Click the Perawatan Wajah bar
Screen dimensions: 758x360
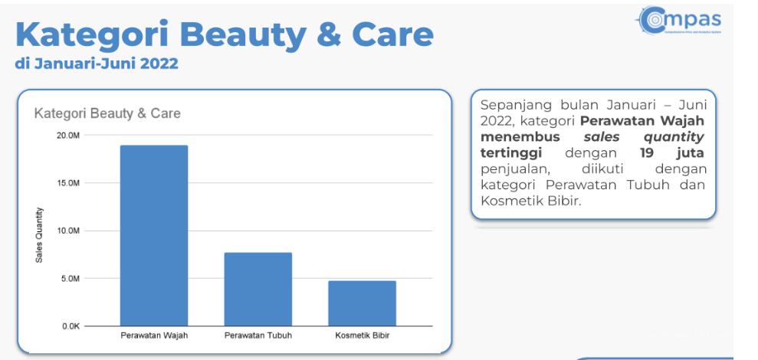click(154, 235)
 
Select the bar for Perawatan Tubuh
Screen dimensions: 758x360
click(258, 289)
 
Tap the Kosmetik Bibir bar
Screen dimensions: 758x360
click(362, 303)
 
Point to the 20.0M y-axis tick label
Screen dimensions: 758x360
click(68, 136)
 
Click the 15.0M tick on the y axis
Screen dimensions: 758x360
click(68, 183)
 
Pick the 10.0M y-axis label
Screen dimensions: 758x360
click(68, 231)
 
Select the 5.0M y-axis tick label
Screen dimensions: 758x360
click(70, 279)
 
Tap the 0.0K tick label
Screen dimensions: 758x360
click(70, 326)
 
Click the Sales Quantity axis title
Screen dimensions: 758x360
click(39, 235)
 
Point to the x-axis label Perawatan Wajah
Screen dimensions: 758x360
click(154, 335)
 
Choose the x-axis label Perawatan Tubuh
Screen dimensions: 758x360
click(258, 335)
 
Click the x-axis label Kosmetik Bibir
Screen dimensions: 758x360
click(362, 335)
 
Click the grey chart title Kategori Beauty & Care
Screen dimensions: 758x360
click(107, 113)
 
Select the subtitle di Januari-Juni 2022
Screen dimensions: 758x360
click(97, 64)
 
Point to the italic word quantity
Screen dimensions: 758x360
click(674, 138)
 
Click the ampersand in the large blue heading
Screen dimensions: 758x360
click(329, 34)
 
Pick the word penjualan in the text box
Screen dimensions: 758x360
click(516, 170)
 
